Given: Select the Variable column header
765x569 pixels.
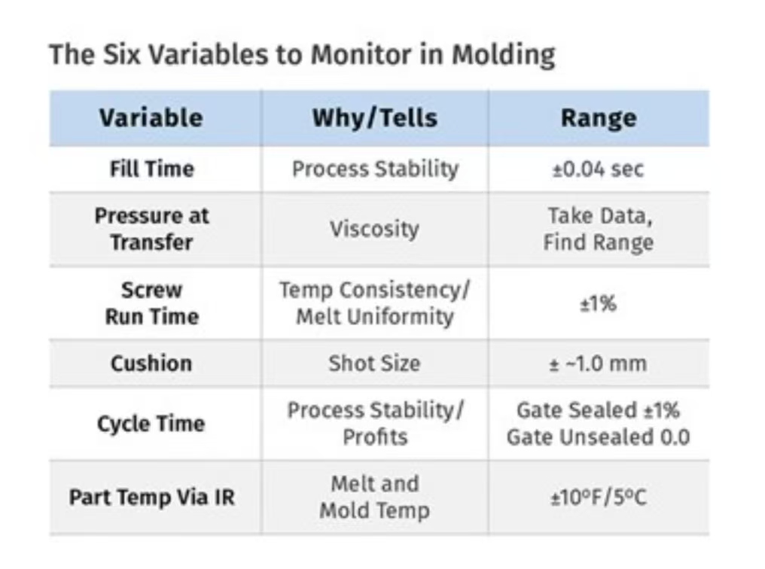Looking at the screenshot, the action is pos(151,118).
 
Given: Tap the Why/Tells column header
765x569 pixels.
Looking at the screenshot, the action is pos(375,118).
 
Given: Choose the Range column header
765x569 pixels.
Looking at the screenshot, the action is pos(599,118).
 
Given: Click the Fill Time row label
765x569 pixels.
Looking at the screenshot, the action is pos(152,169).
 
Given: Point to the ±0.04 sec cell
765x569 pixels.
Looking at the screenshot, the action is pos(598,169).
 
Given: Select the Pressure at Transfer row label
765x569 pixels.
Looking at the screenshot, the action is pos(152,229).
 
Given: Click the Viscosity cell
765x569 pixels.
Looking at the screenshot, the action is pos(375,229).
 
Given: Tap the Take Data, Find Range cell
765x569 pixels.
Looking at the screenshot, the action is pos(599,229).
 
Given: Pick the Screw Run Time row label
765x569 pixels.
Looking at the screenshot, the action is pos(152,303).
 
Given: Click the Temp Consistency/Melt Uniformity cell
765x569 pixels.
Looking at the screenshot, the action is pos(375,303).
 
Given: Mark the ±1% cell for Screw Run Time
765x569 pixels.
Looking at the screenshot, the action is pos(598,303).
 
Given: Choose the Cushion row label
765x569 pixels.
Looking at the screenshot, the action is pos(151,364).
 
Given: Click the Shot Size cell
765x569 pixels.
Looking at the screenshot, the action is pos(374,364).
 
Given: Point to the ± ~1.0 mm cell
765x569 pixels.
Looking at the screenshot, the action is pos(598,364).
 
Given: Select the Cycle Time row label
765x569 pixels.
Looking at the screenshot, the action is pos(151,424).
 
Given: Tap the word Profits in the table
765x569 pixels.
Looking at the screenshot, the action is pos(375,437).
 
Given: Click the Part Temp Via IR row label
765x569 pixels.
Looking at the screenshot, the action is pos(152,497).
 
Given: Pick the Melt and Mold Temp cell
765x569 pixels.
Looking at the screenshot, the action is pos(375,497).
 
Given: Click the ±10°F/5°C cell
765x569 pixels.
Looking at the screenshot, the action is pos(599,497).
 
